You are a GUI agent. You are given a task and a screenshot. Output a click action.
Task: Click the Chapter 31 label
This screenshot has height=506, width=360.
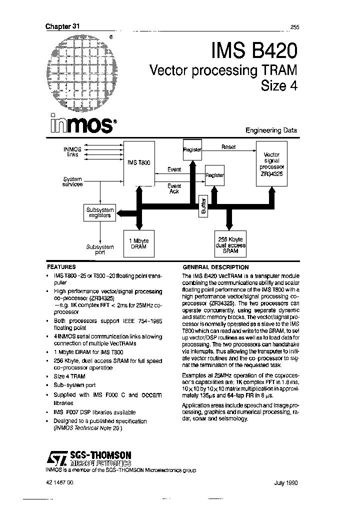pos(62,26)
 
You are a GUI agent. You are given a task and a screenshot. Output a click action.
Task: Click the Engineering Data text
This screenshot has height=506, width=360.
pos(271,130)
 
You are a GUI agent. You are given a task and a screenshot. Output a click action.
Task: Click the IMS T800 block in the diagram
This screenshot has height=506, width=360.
pos(139,163)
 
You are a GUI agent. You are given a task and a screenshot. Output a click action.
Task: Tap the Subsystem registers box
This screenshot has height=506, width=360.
pos(99,212)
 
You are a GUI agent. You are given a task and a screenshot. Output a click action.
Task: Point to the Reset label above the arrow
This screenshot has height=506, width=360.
pos(228,147)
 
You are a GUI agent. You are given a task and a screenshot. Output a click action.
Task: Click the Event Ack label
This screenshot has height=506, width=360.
pos(174,188)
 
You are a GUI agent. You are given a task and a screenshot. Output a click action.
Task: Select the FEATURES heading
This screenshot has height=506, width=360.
pos(61,267)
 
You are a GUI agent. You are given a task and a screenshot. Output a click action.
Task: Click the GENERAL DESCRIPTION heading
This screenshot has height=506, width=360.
pos(215,267)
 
